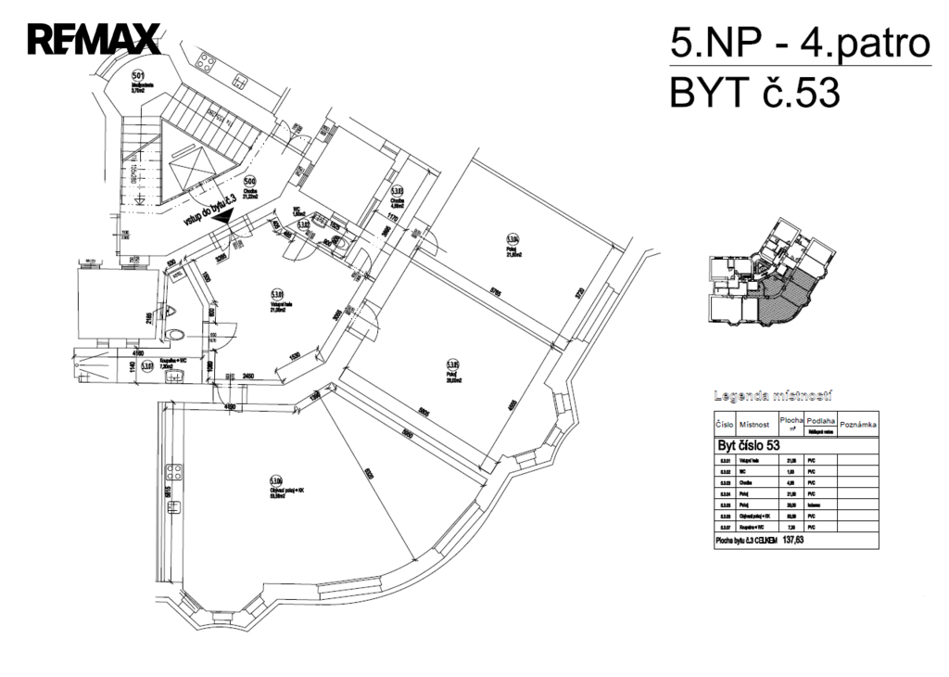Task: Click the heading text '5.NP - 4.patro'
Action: tap(799, 43)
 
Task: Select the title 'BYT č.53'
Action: tap(754, 94)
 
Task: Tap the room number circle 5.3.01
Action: tap(276, 294)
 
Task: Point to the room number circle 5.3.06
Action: tap(275, 480)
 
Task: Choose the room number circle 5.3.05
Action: tap(453, 364)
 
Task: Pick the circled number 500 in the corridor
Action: tap(248, 182)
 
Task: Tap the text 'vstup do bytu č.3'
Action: tap(212, 209)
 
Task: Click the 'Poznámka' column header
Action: tap(857, 424)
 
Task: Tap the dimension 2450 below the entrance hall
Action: tap(243, 375)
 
